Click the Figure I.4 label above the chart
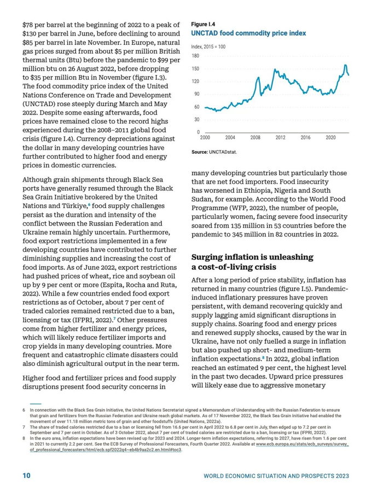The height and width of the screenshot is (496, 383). [x=203, y=25]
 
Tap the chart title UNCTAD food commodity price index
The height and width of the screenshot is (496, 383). [x=248, y=33]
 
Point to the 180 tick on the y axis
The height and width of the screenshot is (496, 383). [x=195, y=56]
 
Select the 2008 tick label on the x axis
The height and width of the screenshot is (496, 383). [x=255, y=137]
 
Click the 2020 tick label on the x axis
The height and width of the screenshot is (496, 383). [x=330, y=137]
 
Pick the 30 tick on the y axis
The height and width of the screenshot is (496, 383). [x=196, y=119]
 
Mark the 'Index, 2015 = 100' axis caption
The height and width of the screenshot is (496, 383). [x=208, y=47]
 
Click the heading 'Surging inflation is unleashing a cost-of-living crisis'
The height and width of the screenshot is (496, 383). [x=252, y=262]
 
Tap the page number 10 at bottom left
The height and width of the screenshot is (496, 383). [x=26, y=476]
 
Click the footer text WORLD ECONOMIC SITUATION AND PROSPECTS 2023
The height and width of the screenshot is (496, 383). [x=276, y=476]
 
